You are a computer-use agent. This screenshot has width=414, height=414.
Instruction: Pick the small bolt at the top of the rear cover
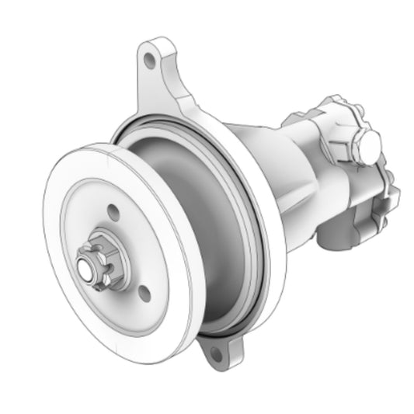pos(336,101)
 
